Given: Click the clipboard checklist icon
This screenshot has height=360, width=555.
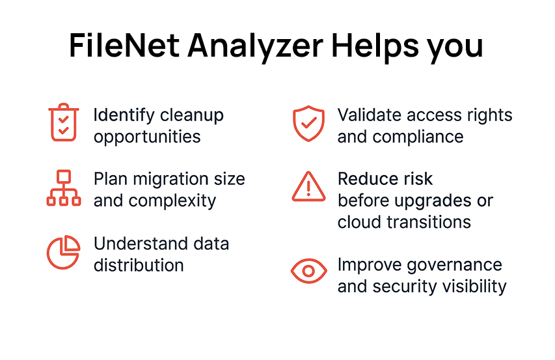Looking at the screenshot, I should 63,122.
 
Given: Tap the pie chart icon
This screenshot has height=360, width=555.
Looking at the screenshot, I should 63,252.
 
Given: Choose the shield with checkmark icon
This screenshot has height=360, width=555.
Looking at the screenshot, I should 308,123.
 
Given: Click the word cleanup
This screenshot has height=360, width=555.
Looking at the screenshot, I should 192,116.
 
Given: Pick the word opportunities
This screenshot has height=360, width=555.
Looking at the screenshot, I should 147,137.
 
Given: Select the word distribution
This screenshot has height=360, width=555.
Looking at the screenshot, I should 139,265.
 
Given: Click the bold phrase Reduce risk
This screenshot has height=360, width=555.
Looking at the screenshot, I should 385,179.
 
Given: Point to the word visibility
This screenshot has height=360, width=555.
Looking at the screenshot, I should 472,286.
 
